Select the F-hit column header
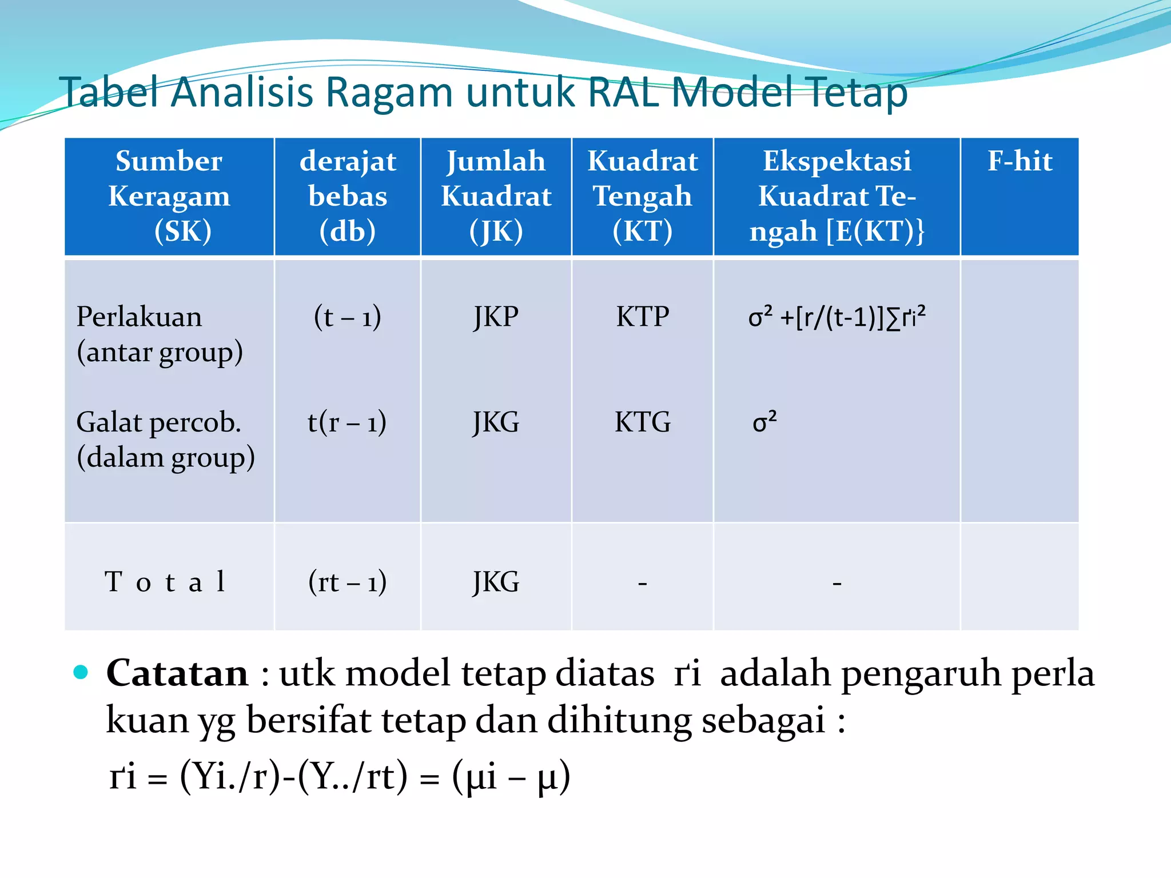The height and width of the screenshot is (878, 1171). [1019, 161]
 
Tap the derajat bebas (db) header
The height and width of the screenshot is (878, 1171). [348, 196]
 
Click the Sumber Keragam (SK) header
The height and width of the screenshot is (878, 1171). [169, 196]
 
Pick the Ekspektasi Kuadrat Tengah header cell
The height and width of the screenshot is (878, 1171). [837, 196]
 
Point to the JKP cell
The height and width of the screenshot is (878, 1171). [496, 317]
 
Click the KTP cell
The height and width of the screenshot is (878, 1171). [642, 317]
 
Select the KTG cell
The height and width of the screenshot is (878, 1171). [642, 422]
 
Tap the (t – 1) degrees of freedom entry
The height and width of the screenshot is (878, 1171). [348, 317]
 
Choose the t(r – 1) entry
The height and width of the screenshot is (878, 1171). [347, 422]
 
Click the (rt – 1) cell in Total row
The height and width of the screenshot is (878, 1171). [348, 582]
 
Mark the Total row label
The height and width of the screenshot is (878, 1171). [165, 582]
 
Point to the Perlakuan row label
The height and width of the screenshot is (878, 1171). [139, 317]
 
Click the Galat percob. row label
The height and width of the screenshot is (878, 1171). [158, 422]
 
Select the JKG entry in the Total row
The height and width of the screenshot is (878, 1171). [496, 582]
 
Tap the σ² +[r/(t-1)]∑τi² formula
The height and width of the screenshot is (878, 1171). [837, 317]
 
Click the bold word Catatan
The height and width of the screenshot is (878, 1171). [177, 673]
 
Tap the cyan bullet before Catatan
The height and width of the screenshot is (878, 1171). [81, 672]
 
